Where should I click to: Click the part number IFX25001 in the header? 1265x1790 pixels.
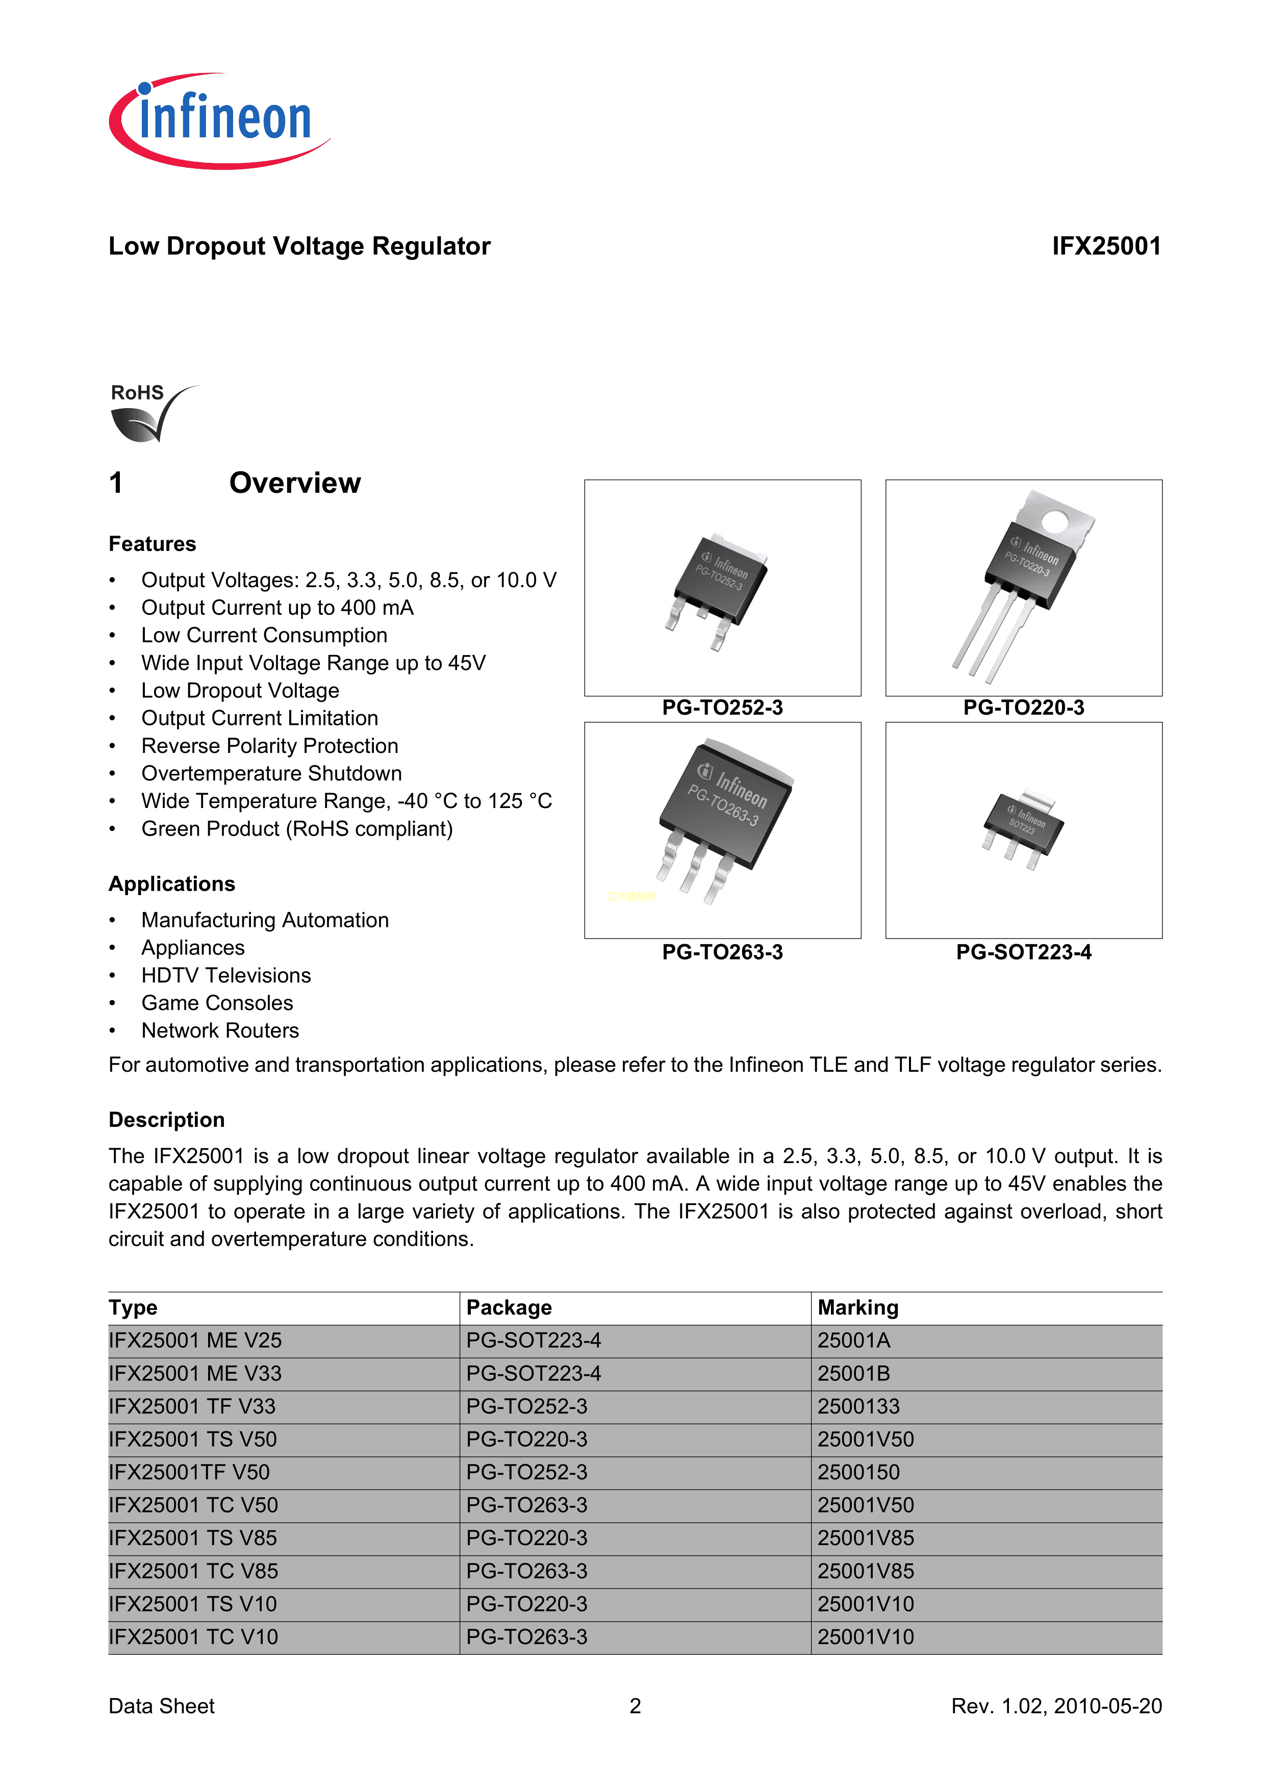(x=1105, y=246)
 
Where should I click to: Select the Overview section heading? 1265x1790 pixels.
(x=295, y=484)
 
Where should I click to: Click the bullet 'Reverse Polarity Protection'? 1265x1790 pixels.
(x=270, y=746)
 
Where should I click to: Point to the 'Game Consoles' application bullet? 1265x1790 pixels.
(x=217, y=1003)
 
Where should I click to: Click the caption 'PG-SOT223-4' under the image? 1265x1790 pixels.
(x=1023, y=953)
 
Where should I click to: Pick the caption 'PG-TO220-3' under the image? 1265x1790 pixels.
(x=1023, y=708)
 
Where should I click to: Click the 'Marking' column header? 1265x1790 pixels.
(x=857, y=1308)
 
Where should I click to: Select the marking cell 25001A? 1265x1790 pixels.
(x=853, y=1341)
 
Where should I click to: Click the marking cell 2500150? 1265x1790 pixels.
(x=858, y=1473)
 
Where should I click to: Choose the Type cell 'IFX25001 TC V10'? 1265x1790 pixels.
(x=193, y=1637)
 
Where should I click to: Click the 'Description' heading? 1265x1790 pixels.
(x=167, y=1120)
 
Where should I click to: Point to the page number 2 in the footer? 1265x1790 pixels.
(x=635, y=1706)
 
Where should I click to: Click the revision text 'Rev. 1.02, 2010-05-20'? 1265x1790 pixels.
(x=1056, y=1706)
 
